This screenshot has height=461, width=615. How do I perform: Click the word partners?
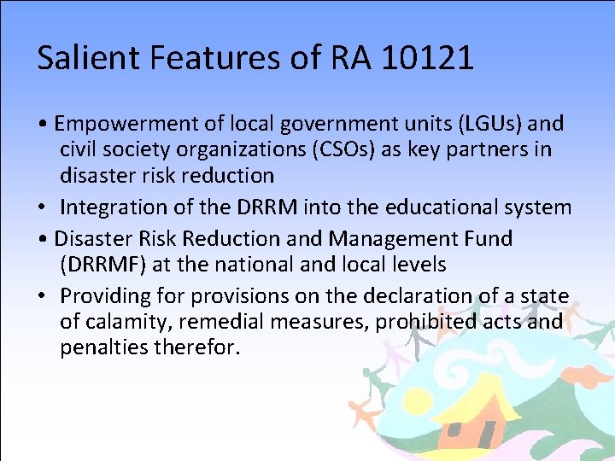[505, 149]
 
